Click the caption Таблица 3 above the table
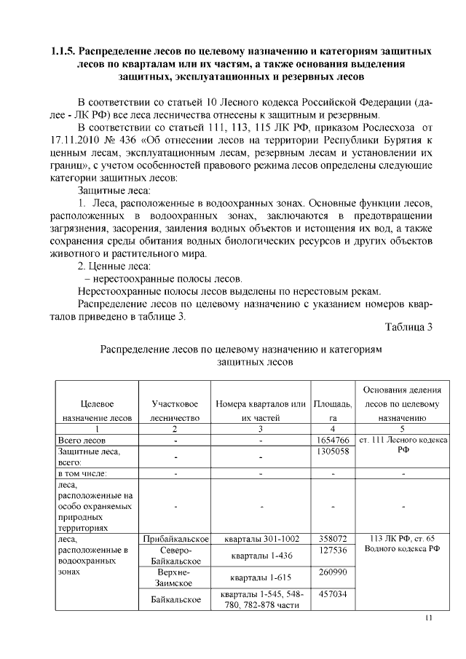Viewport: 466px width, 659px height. (x=408, y=327)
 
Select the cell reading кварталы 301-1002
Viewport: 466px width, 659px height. (x=260, y=539)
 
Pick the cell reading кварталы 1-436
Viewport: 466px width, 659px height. (x=260, y=556)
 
